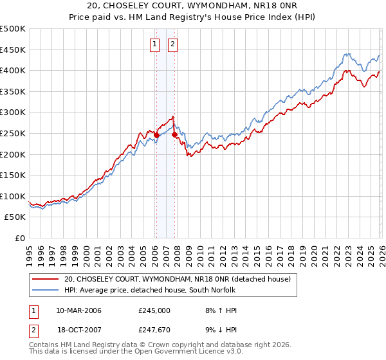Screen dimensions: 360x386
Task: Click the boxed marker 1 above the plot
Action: point(156,44)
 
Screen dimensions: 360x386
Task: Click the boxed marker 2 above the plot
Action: point(174,44)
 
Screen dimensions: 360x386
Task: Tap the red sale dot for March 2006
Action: point(156,134)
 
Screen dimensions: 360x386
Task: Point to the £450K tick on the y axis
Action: point(13,50)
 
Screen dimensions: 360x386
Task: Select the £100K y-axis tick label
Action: point(13,196)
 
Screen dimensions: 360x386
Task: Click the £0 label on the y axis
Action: point(19,239)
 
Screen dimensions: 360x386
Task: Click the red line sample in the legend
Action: point(46,279)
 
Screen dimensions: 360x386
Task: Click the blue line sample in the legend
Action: point(46,290)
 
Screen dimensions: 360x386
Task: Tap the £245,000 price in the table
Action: point(154,310)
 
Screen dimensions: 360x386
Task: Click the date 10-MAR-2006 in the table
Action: point(78,310)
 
